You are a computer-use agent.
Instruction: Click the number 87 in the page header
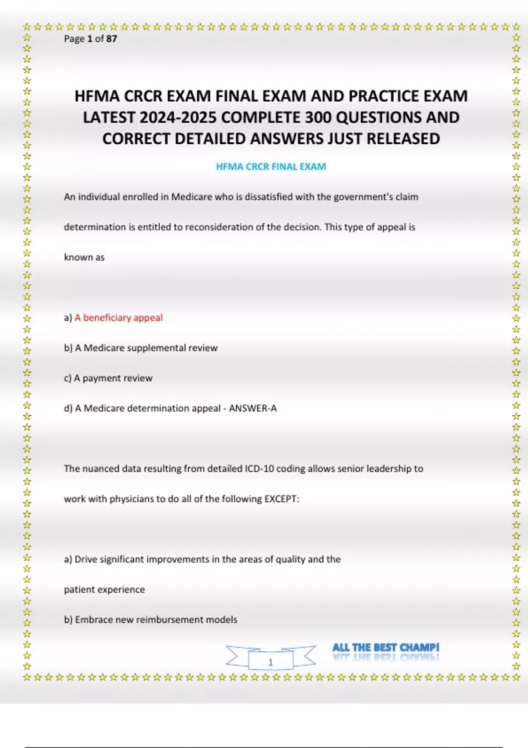[111, 39]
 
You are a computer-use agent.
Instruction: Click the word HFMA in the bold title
[97, 96]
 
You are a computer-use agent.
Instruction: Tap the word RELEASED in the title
[403, 139]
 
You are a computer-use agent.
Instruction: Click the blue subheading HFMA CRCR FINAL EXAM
[271, 167]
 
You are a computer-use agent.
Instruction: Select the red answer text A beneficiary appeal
[118, 318]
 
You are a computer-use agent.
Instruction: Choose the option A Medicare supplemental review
[146, 348]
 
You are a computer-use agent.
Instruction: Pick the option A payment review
[113, 378]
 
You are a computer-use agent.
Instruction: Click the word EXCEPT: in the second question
[282, 499]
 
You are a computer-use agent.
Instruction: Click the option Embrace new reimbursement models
[156, 620]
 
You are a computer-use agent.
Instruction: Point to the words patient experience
[104, 590]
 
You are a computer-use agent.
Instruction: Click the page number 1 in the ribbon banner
[271, 662]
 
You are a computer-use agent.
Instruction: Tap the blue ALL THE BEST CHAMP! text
[385, 648]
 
